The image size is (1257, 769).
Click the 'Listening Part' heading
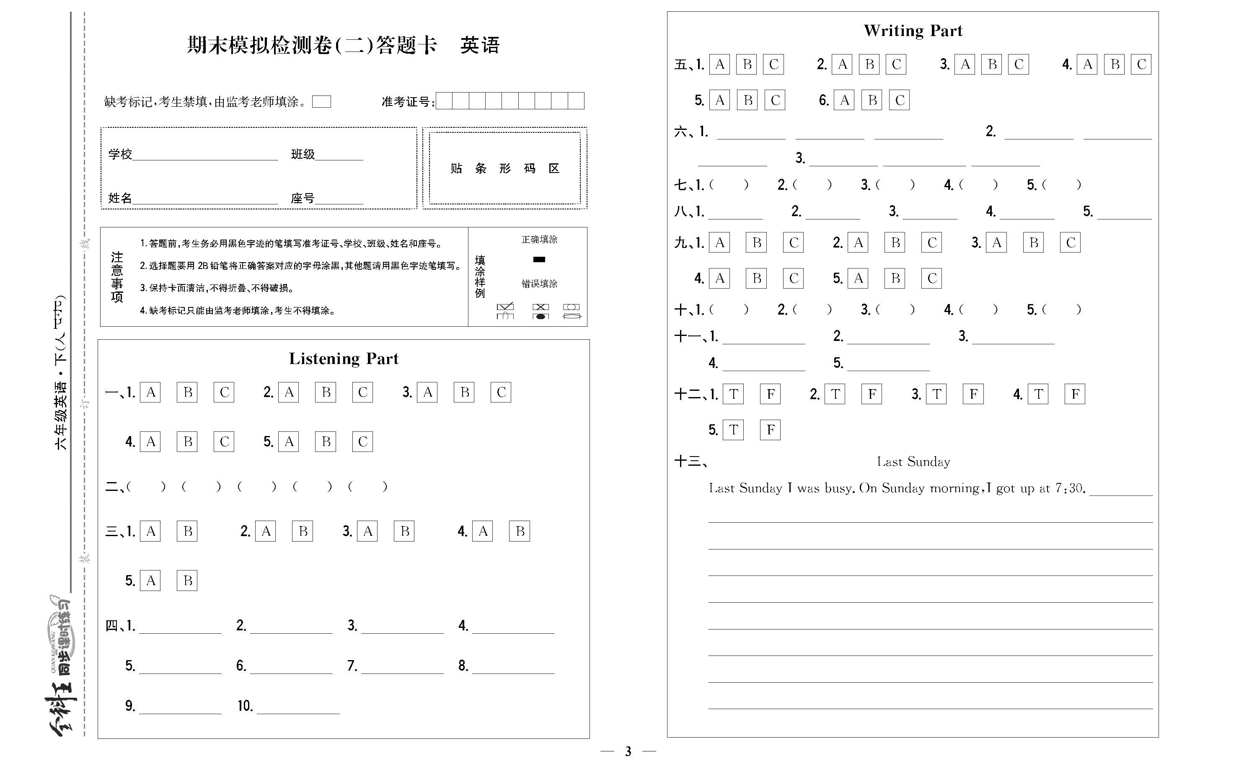343,359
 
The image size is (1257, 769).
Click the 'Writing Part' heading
913,31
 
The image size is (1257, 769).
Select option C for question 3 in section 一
500,392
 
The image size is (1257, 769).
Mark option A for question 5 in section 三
150,581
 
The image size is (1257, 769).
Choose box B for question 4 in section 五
1114,64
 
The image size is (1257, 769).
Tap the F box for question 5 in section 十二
770,430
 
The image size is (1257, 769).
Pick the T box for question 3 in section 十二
936,394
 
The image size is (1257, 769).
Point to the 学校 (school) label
120,154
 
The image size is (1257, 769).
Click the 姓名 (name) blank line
204,199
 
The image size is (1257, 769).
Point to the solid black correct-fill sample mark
539,260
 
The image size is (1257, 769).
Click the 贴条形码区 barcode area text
504,168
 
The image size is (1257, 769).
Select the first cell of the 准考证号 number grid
444,101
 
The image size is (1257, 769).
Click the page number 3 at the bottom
628,751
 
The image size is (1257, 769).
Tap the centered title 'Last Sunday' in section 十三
913,462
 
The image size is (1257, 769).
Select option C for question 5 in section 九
931,279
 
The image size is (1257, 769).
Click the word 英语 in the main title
479,45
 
